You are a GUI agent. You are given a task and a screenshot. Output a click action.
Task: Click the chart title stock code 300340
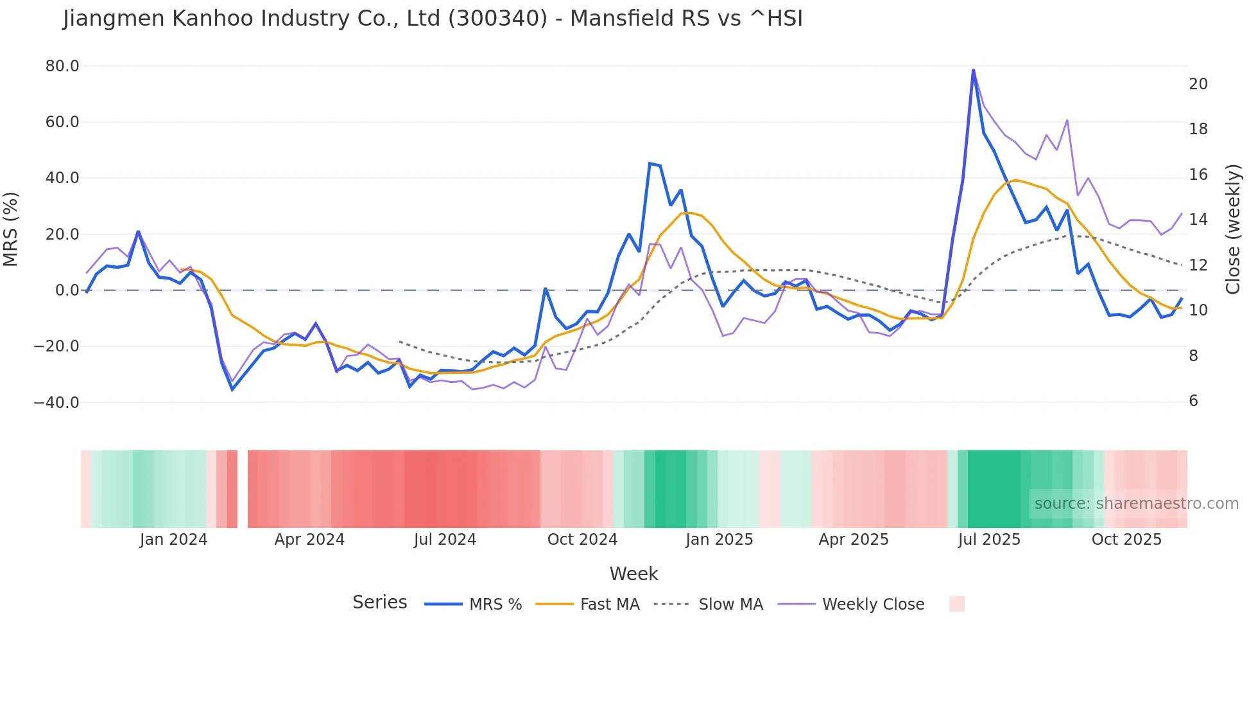point(497,19)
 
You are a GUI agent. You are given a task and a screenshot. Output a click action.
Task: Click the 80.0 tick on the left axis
point(62,66)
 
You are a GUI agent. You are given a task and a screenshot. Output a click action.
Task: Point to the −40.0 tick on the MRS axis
point(56,403)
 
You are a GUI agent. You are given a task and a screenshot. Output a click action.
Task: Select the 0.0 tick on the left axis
point(67,290)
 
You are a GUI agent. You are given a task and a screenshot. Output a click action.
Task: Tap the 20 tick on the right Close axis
point(1198,84)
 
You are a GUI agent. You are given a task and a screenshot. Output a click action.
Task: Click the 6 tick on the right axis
point(1193,401)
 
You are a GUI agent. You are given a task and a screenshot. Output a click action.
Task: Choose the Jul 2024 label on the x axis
point(445,540)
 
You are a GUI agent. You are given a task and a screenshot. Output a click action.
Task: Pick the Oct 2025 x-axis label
point(1126,540)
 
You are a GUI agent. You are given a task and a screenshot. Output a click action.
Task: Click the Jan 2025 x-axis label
point(719,540)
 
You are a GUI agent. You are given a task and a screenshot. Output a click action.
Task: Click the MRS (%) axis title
point(11,229)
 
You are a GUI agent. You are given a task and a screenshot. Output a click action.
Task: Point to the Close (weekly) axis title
point(1233,229)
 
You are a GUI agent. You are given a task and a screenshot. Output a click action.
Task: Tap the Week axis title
point(633,574)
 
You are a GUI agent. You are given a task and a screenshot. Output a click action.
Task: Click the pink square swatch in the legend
point(956,604)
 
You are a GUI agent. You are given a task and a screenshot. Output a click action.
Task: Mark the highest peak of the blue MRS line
point(973,69)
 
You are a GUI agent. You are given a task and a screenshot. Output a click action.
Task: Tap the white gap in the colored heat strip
point(243,489)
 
